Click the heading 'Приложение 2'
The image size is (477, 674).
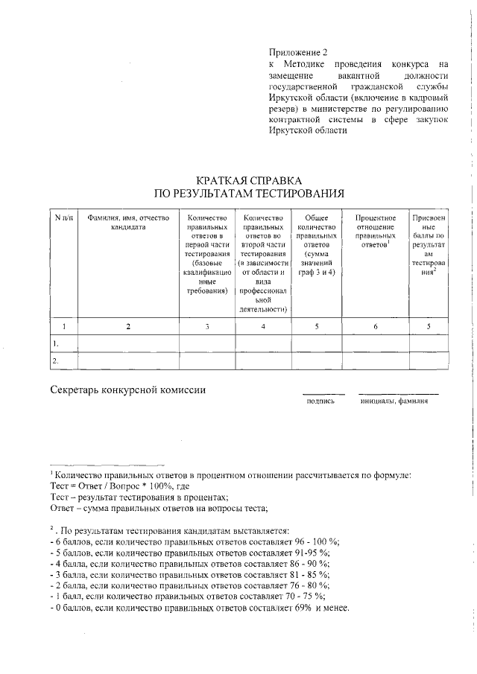[298, 52]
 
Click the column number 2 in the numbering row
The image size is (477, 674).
[128, 325]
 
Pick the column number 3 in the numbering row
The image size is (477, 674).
[206, 325]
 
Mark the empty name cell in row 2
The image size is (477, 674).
[128, 360]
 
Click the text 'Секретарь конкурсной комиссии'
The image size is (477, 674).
[127, 390]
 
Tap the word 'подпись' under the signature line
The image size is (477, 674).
[321, 401]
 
